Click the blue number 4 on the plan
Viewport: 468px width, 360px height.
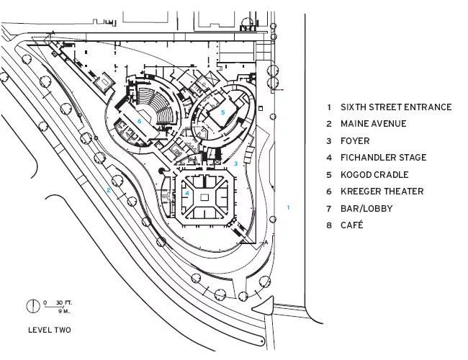pos(187,193)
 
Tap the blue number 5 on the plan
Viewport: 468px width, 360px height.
pos(222,112)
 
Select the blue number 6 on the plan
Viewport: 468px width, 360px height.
pos(139,121)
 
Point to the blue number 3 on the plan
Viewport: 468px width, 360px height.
pos(235,163)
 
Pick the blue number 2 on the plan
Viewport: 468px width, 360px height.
pos(109,190)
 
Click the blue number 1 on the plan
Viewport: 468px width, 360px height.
pos(288,207)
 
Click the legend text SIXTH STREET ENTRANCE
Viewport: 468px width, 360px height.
pos(396,107)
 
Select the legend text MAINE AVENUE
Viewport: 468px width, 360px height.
pos(374,124)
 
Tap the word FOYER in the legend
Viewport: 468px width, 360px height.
pos(355,140)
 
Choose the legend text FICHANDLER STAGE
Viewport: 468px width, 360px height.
pos(384,157)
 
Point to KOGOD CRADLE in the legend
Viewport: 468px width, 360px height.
pos(374,174)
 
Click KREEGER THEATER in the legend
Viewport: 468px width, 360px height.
pos(382,191)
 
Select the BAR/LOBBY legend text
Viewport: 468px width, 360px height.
pos(366,208)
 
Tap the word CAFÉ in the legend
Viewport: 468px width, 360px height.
pos(352,225)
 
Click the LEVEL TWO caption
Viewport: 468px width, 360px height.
pos(50,330)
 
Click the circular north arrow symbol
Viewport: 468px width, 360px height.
pos(33,306)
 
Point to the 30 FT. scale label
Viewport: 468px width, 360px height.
pos(64,302)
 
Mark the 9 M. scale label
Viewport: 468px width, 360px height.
pos(64,311)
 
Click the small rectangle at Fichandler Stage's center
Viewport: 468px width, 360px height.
pos(204,197)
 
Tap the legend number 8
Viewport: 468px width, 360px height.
pos(329,225)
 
